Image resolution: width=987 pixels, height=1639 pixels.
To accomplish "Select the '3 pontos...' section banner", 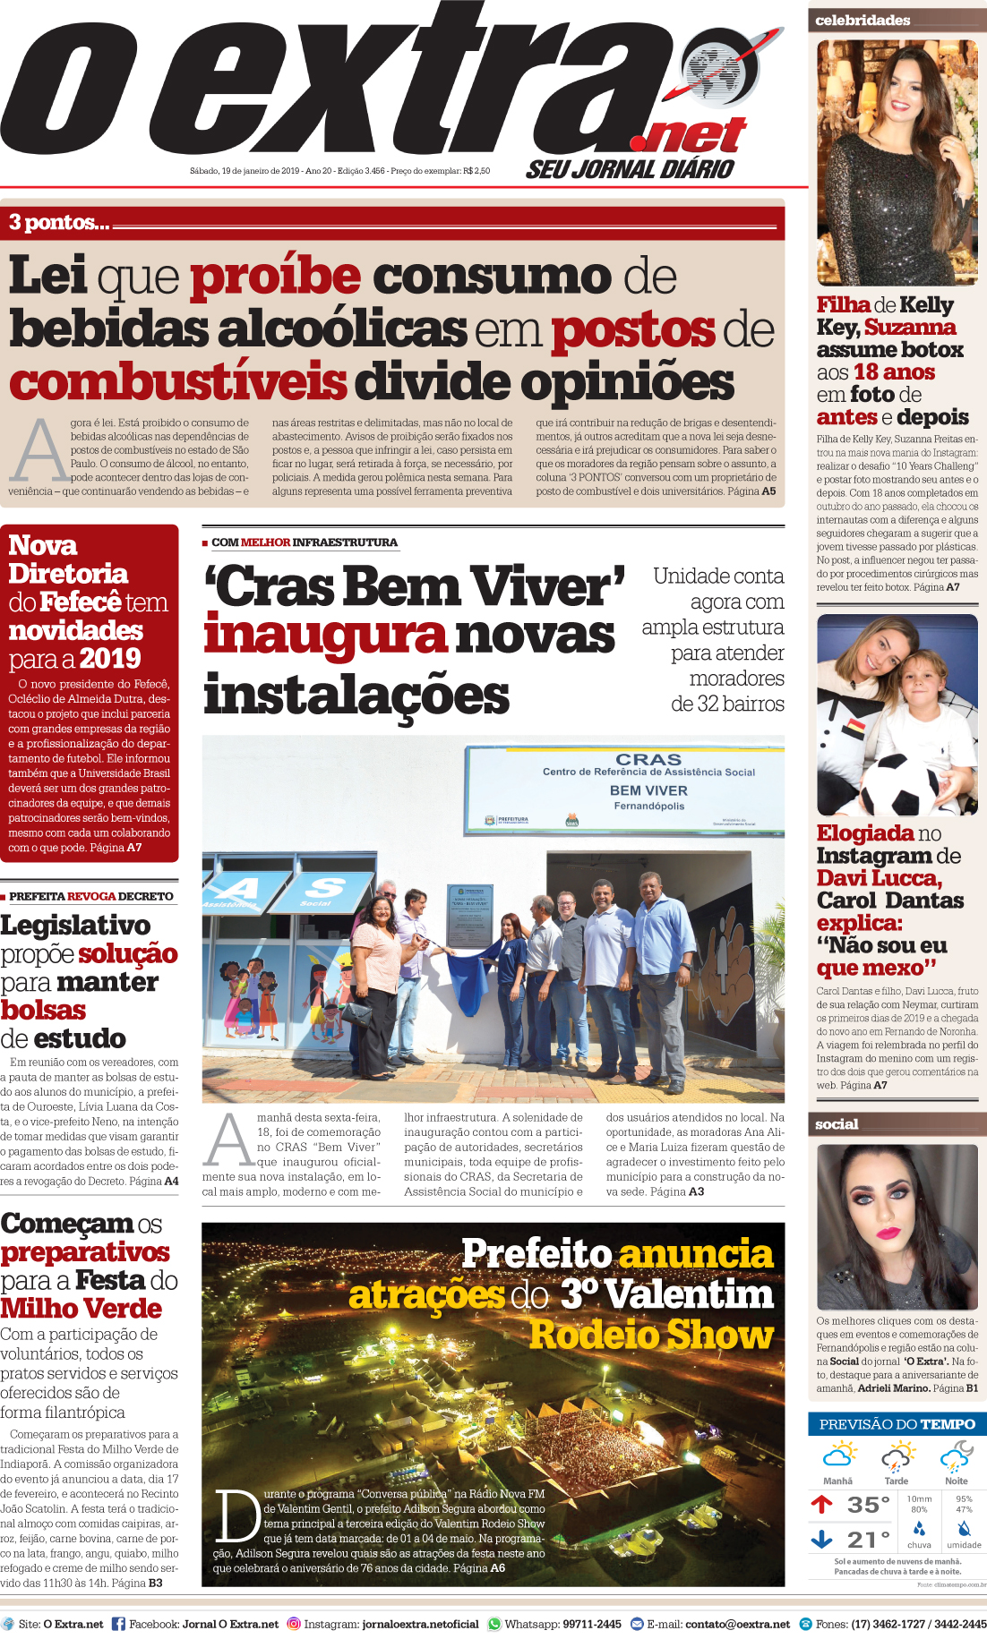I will (x=59, y=223).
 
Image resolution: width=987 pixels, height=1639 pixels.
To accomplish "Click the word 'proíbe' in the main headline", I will (x=275, y=277).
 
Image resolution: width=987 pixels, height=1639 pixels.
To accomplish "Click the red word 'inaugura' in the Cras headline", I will (x=324, y=636).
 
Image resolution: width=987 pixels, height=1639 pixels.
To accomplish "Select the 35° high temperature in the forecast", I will (x=868, y=1505).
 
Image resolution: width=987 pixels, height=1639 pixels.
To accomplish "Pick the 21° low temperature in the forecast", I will (x=868, y=1540).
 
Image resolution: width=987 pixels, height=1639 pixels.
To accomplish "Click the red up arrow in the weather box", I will (x=821, y=1504).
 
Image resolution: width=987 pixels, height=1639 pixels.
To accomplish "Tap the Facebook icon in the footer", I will (x=118, y=1624).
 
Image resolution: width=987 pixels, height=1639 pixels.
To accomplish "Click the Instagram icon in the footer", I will (x=293, y=1624).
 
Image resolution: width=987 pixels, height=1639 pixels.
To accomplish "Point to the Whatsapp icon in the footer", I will (x=494, y=1624).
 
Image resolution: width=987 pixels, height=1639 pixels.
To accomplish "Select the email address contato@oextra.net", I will (x=737, y=1624).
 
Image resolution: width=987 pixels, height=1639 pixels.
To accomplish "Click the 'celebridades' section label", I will (x=863, y=20).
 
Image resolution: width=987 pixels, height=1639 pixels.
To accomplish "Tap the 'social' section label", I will (x=837, y=1124).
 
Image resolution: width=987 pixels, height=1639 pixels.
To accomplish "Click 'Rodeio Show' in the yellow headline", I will (x=651, y=1335).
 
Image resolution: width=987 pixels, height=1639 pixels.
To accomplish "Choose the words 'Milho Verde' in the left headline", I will (x=82, y=1309).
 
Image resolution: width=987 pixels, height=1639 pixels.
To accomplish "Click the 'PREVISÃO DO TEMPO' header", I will (x=897, y=1424).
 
